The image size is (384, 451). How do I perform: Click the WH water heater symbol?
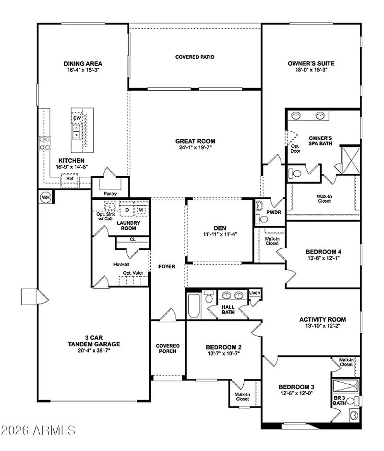coord(45,197)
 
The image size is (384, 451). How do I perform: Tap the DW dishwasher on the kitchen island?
coord(77,118)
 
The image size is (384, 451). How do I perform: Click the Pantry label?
coord(110,194)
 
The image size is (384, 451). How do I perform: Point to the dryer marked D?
coord(127,209)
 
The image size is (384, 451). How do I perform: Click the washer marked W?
coord(141,209)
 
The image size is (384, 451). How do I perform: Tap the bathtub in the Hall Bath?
coord(193,306)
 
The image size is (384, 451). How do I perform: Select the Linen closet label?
coord(254,293)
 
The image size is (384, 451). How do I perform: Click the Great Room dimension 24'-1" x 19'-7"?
coord(195,148)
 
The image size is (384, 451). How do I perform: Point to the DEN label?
coord(220,228)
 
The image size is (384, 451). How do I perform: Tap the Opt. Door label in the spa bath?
coord(295,148)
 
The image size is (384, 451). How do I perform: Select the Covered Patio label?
coord(194,57)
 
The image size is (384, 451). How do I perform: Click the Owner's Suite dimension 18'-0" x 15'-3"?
coord(311,70)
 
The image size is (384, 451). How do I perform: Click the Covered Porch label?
coord(168,348)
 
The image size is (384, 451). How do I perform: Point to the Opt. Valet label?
coord(132,273)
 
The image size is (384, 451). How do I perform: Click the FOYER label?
coord(167,267)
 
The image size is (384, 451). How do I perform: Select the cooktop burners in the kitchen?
coord(45,143)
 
